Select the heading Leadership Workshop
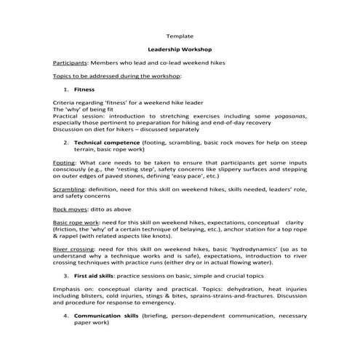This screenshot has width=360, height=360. [x=180, y=51]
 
